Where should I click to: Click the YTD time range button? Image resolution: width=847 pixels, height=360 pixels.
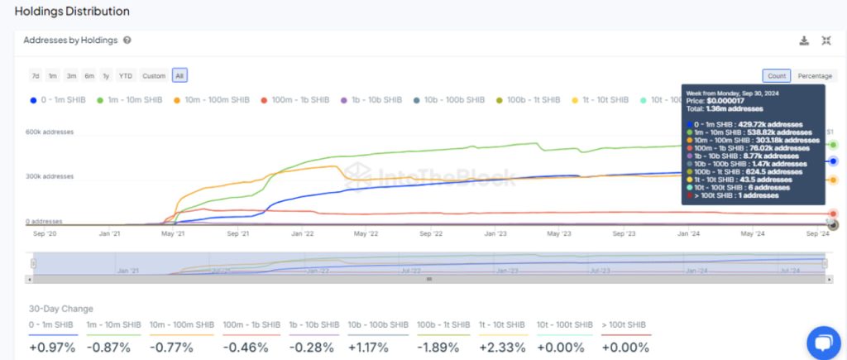pos(125,76)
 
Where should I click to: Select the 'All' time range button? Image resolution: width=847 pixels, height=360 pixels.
pos(179,76)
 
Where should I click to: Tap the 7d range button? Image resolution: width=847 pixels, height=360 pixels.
pos(36,76)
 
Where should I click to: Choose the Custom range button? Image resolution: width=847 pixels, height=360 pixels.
pos(154,76)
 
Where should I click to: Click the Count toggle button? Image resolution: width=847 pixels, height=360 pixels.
pos(776,76)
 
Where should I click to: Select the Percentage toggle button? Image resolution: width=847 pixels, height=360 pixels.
pos(815,76)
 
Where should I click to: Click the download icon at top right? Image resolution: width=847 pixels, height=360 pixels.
pos(804,41)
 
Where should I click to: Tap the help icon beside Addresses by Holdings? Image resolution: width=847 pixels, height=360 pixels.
pos(127,40)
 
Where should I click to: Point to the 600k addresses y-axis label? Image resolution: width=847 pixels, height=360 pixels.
pos(49,132)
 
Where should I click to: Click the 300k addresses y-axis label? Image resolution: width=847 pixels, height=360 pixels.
pos(49,176)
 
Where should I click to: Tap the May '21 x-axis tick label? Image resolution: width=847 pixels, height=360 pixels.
pos(174,234)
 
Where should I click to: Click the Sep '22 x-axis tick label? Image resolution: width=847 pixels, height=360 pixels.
pos(430,234)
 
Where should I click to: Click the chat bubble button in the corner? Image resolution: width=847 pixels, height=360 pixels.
pos(823,343)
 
